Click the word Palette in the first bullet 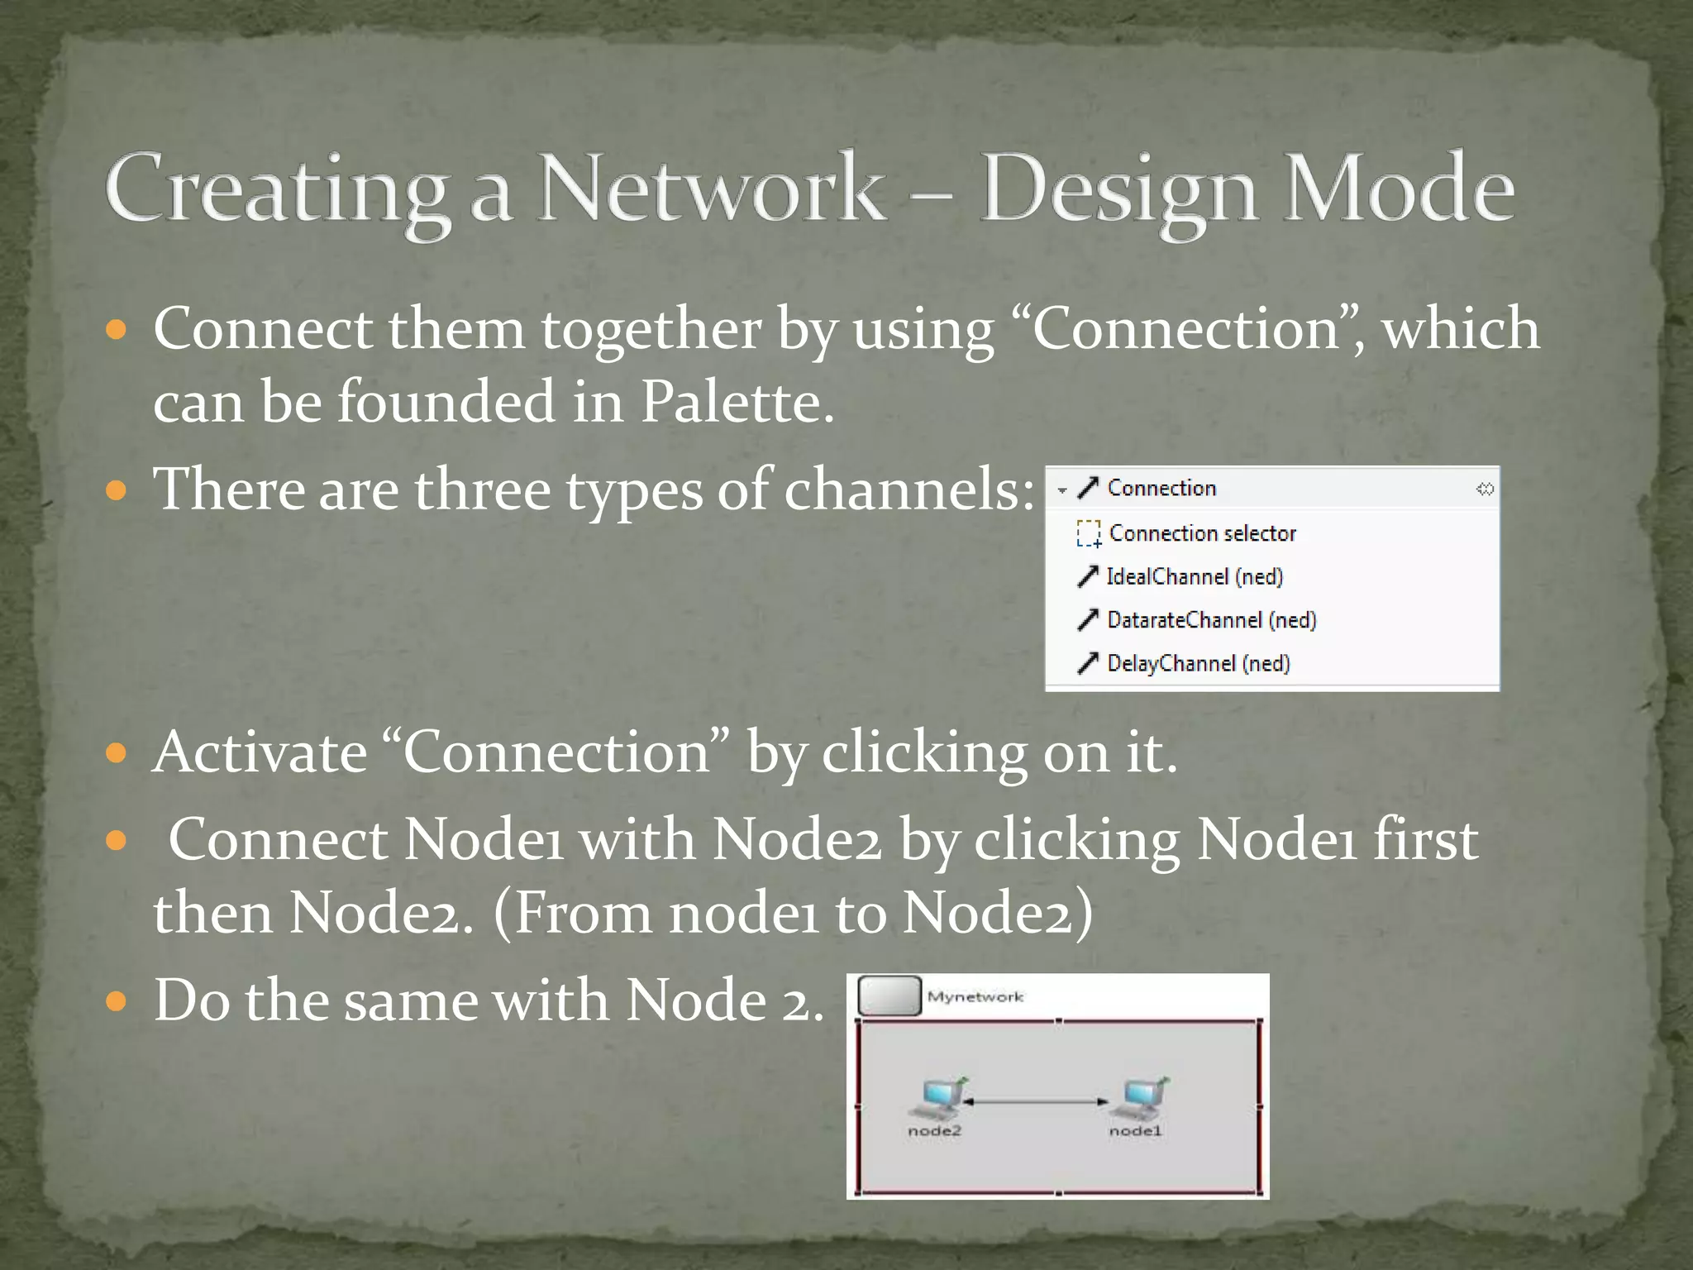point(737,402)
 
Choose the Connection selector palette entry point(1202,533)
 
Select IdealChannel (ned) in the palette point(1195,576)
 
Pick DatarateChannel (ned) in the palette point(1211,620)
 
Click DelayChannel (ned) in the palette point(1198,663)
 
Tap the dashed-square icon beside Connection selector point(1089,533)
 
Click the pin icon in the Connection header point(1485,489)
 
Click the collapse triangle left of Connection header point(1062,490)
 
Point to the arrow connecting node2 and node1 point(1035,1101)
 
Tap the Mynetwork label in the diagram point(975,997)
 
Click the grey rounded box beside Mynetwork point(889,995)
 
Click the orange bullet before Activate point(117,752)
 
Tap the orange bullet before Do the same point(117,1001)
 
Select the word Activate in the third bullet point(260,752)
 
